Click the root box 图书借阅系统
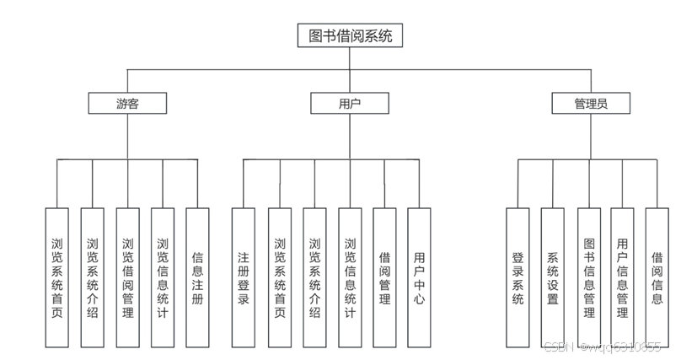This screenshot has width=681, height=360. (351, 35)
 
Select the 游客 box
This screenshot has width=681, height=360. (128, 104)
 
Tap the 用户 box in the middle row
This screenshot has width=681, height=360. (350, 104)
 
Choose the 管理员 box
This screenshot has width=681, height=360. (590, 104)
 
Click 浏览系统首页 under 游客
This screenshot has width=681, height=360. (56, 277)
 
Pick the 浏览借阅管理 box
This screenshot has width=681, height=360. (127, 277)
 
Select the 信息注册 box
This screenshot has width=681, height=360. (197, 277)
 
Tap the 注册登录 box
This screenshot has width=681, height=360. (243, 277)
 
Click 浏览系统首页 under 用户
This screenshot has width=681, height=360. (279, 277)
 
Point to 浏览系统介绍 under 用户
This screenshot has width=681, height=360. (314, 277)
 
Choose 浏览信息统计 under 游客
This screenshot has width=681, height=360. (163, 277)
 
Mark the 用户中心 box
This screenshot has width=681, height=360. (419, 277)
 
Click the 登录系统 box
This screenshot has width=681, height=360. (517, 277)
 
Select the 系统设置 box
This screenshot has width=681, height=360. (552, 277)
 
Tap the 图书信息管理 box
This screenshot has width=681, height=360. (588, 277)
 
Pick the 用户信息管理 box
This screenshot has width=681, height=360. (622, 277)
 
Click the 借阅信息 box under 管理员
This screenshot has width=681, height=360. (657, 277)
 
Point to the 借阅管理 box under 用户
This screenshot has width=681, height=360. (384, 277)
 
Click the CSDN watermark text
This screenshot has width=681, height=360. (602, 347)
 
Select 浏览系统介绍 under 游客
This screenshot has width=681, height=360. (92, 277)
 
